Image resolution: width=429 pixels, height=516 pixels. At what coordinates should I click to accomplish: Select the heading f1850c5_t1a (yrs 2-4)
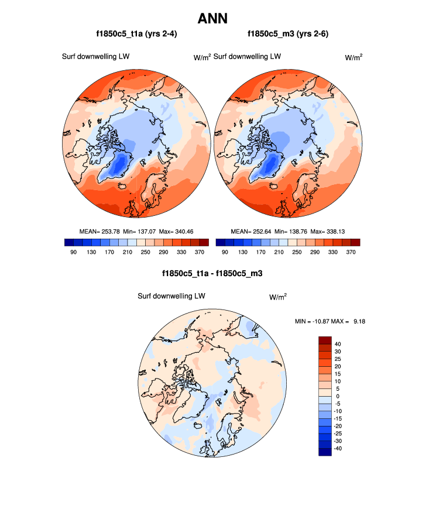coord(136,35)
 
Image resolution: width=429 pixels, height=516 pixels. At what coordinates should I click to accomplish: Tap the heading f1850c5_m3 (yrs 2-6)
coord(287,35)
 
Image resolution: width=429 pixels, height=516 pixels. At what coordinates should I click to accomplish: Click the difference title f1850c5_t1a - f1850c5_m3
coord(212,273)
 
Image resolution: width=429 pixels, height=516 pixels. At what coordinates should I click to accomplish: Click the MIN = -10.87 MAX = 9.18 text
coord(331,321)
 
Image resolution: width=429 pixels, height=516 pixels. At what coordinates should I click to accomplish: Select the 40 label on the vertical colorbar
coord(337,344)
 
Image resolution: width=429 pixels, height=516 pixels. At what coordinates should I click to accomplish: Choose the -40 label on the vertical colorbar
coord(338,448)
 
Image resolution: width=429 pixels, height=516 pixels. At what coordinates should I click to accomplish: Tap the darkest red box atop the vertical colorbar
coord(325,340)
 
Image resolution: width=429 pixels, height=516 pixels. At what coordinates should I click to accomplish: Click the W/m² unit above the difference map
coord(277,297)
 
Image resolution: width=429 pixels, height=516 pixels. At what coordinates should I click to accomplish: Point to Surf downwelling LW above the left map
coord(95,56)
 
